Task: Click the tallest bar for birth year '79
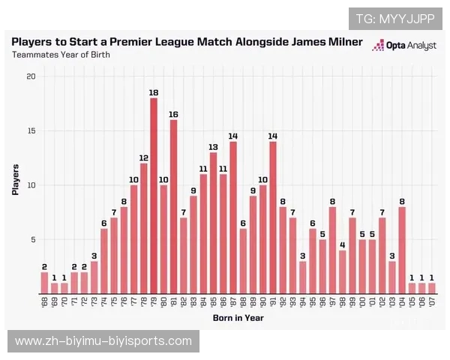[154, 195]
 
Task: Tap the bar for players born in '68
[44, 283]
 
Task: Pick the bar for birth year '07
[431, 288]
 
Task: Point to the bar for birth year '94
[302, 277]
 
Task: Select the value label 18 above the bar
[154, 92]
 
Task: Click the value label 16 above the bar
[173, 114]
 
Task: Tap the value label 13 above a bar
[213, 147]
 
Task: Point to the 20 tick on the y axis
[30, 76]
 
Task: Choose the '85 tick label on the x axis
[213, 304]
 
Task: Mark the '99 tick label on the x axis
[352, 304]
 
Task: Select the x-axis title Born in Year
[237, 318]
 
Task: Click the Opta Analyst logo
[404, 46]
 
